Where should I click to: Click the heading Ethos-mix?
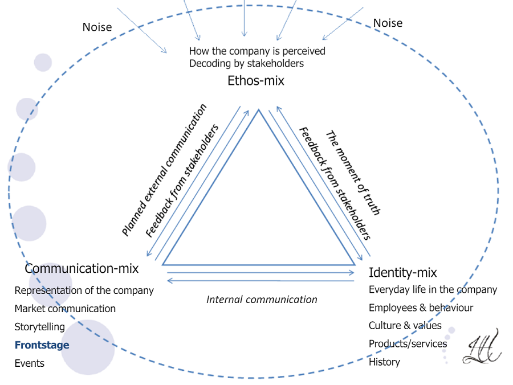(255, 81)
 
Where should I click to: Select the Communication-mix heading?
(82, 268)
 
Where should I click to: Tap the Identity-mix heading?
(403, 272)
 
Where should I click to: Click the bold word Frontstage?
(42, 345)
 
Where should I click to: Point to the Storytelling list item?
(39, 327)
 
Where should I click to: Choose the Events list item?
(29, 363)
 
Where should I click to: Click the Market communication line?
(65, 309)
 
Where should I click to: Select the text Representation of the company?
(84, 290)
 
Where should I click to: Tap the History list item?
(384, 362)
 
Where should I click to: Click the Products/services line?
(408, 344)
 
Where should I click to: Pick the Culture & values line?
(405, 326)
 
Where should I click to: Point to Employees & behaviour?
(421, 308)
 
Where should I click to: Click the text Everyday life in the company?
(433, 290)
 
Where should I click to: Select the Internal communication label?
(262, 300)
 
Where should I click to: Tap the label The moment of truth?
(353, 173)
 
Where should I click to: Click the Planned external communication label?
(164, 170)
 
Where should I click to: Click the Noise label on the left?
(97, 27)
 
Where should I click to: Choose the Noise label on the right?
(388, 23)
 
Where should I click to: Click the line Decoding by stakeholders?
(246, 64)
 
